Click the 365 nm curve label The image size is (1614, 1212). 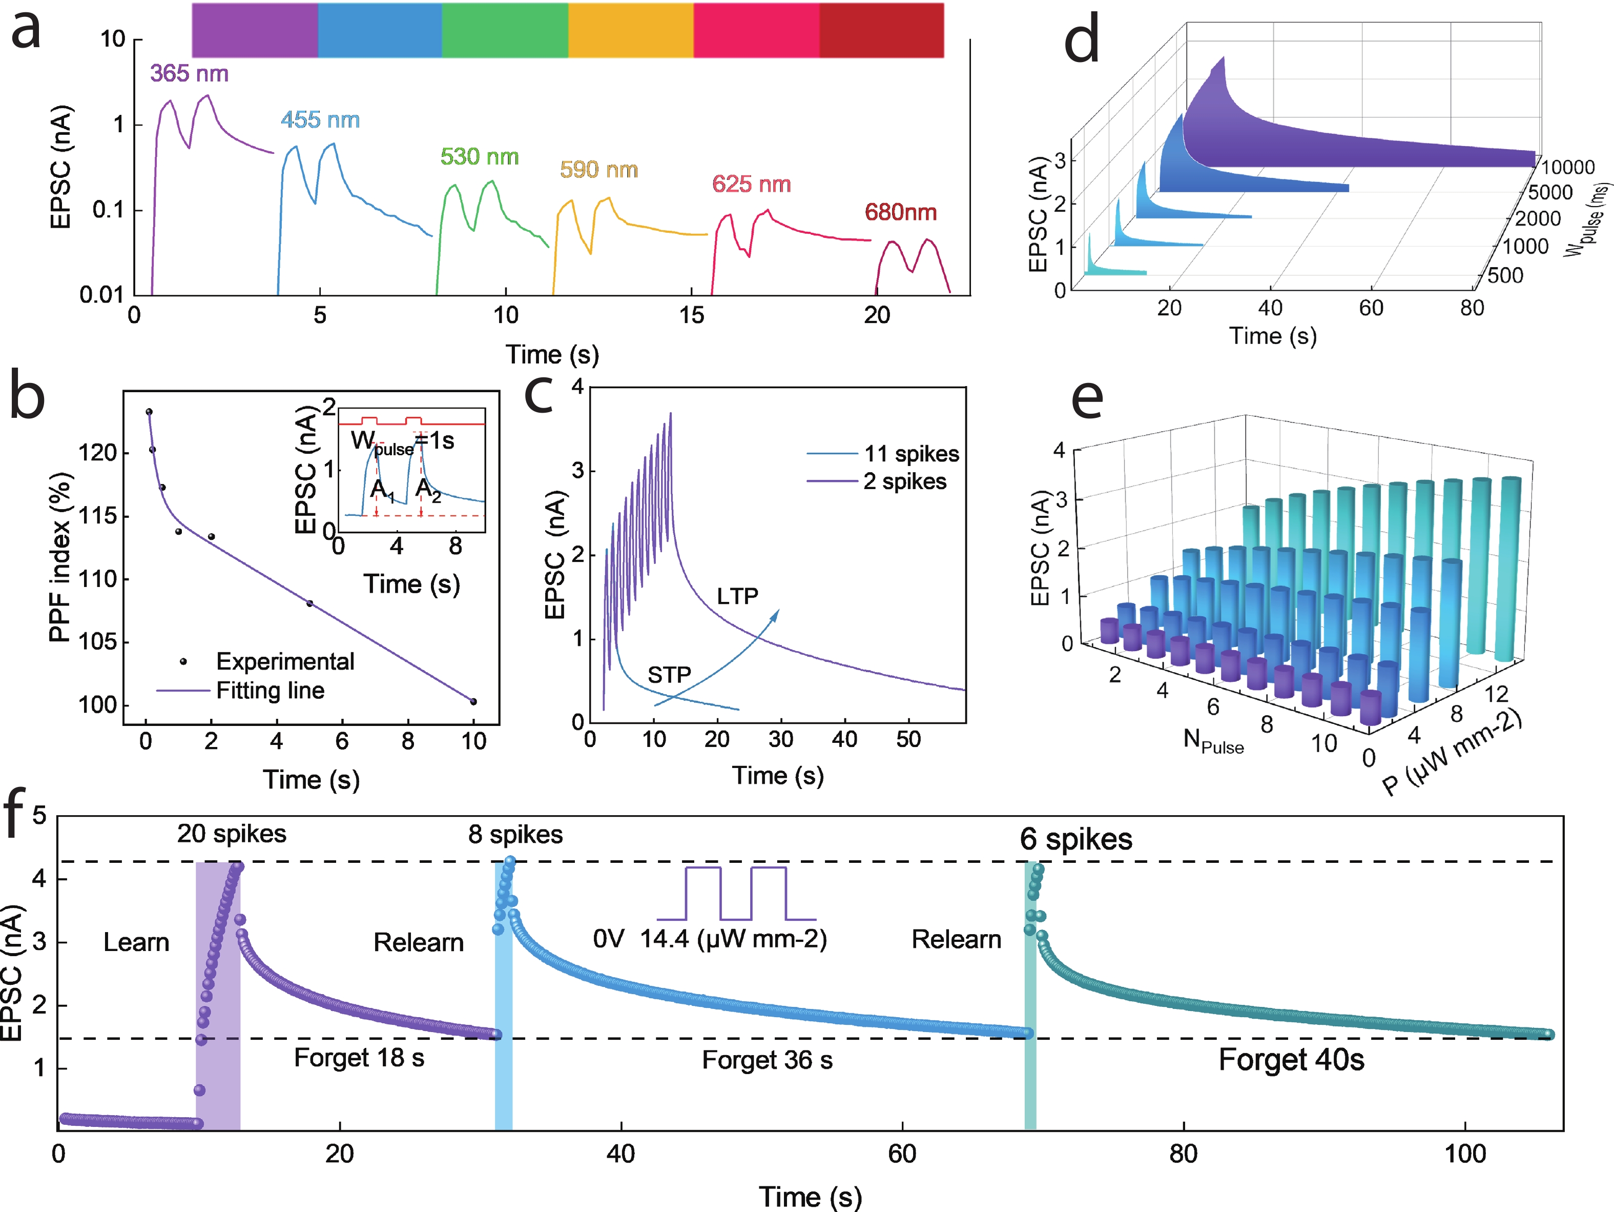[189, 74]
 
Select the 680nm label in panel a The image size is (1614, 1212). [900, 212]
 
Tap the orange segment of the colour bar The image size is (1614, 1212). [630, 30]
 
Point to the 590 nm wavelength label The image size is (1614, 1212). [598, 170]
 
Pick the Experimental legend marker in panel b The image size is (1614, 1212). [183, 661]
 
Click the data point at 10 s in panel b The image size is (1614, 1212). [473, 702]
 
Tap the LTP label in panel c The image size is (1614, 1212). [737, 596]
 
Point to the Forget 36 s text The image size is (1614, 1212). [767, 1060]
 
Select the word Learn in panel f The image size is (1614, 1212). [136, 943]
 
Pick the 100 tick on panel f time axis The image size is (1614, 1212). [1465, 1154]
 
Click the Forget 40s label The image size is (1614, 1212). [1291, 1060]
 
